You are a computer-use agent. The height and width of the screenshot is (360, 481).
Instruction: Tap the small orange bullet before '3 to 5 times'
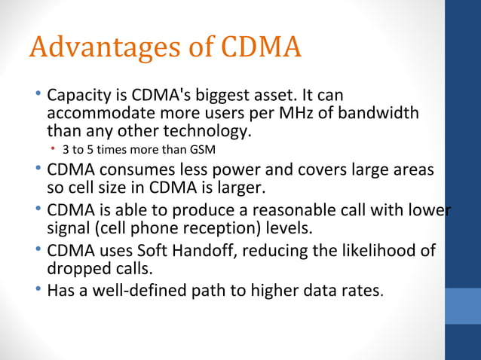pos(53,149)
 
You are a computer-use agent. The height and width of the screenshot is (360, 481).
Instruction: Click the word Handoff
pos(197,249)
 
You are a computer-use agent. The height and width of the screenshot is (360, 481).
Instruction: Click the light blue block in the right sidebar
pos(463,306)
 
